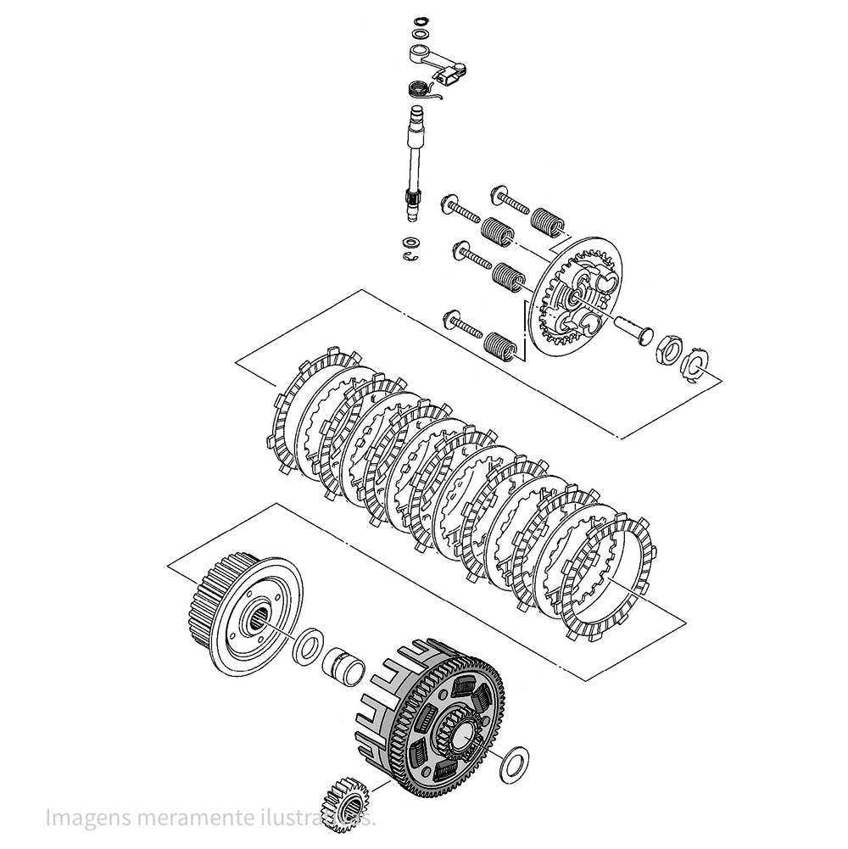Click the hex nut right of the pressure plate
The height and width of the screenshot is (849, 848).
(x=667, y=349)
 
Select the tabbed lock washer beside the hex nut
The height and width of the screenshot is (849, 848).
(x=695, y=365)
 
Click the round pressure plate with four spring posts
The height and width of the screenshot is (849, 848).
(x=577, y=297)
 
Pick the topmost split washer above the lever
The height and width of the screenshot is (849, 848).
(x=418, y=20)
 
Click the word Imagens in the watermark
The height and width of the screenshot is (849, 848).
(x=83, y=819)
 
